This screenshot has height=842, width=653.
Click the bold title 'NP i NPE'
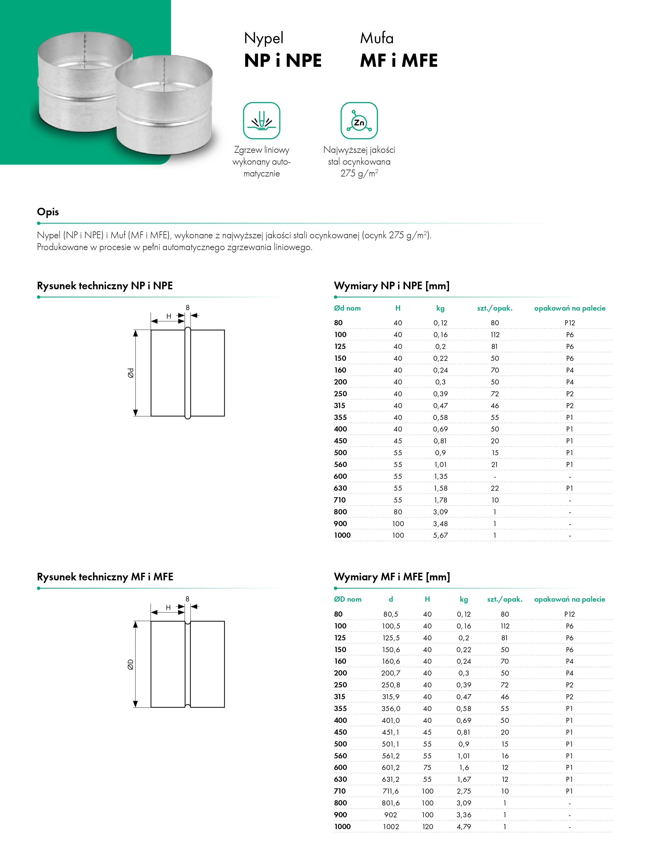pyautogui.click(x=283, y=60)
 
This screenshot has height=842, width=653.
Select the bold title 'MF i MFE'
pyautogui.click(x=399, y=60)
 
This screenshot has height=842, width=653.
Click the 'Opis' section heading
pyautogui.click(x=48, y=212)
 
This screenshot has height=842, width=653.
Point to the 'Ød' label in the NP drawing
pyautogui.click(x=131, y=373)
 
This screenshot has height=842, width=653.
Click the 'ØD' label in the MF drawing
pyautogui.click(x=131, y=664)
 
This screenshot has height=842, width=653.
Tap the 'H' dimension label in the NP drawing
pyautogui.click(x=169, y=316)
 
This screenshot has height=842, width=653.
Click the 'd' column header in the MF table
pyautogui.click(x=391, y=599)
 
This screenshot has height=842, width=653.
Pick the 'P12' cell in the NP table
pyautogui.click(x=570, y=323)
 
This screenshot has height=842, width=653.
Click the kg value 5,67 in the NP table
pyautogui.click(x=440, y=535)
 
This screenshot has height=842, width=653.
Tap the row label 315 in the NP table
pyautogui.click(x=340, y=405)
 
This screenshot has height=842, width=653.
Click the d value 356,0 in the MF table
pyautogui.click(x=391, y=709)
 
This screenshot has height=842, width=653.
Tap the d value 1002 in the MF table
pyautogui.click(x=391, y=826)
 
